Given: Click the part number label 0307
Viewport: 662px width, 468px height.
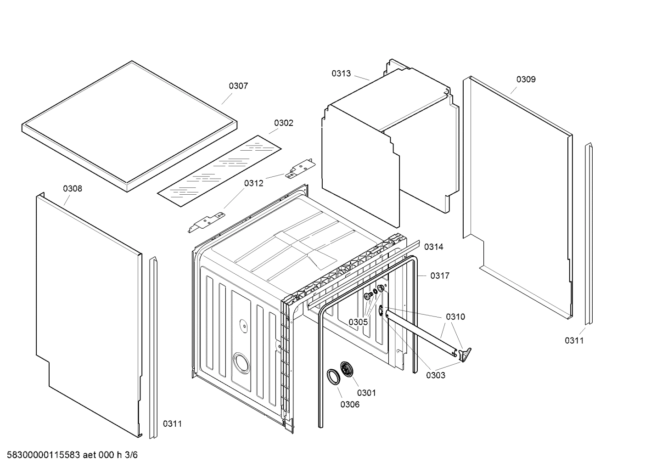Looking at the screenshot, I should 238,86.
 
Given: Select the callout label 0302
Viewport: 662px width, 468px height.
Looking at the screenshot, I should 283,123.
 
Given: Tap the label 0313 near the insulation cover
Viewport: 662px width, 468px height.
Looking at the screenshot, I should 341,73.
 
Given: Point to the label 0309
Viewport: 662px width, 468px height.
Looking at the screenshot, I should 526,79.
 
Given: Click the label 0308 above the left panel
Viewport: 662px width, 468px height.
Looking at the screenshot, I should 73,188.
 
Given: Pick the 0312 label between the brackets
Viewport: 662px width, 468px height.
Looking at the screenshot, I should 253,183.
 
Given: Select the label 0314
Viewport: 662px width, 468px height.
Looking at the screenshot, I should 433,247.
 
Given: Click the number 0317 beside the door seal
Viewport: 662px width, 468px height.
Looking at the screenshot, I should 439,276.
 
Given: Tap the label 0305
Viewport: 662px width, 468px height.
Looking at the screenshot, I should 358,322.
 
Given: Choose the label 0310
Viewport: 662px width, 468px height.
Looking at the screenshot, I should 455,316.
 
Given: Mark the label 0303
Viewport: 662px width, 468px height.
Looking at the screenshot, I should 435,375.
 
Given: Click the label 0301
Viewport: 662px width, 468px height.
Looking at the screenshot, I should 366,393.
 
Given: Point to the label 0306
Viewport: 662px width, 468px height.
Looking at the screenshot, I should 350,404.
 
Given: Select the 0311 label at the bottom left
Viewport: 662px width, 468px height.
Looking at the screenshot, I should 172,423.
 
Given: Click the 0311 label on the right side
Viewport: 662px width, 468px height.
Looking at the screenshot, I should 574,340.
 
